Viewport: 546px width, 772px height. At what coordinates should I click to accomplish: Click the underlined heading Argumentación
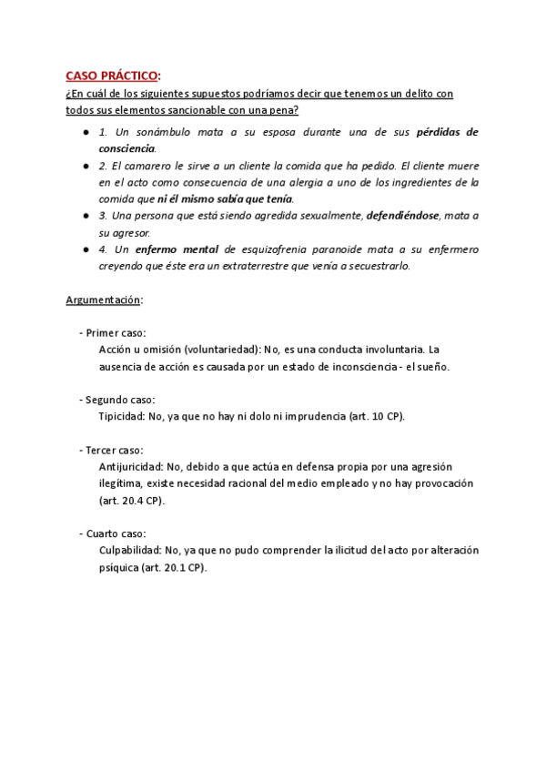tap(103, 300)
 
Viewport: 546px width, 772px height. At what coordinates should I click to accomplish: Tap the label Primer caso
tap(116, 333)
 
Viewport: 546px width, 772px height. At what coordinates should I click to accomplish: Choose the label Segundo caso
tap(120, 400)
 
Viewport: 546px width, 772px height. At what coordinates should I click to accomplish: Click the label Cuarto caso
tap(117, 533)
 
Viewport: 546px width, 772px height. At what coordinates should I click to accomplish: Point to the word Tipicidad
tap(122, 416)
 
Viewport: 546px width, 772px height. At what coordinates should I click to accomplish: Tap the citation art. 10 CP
tap(375, 416)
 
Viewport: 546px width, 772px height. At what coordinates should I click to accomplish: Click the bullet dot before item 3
tap(85, 216)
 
